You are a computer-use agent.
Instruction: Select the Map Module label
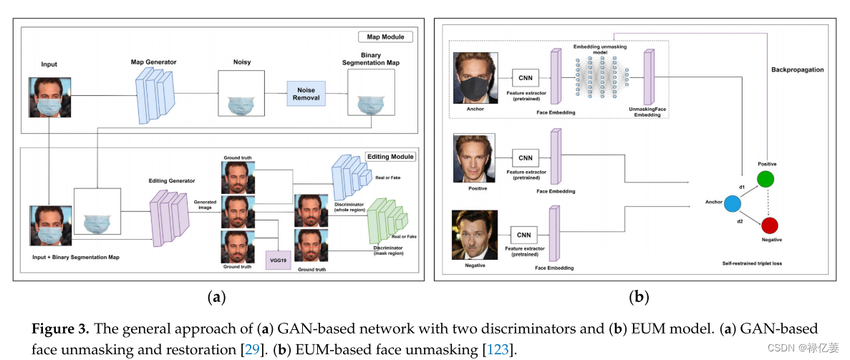[x=385, y=37]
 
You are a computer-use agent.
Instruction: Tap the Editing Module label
[x=390, y=157]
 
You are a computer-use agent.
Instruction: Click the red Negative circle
[x=771, y=226]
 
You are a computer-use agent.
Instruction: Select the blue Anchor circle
[x=732, y=204]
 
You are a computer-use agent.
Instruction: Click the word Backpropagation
[x=797, y=70]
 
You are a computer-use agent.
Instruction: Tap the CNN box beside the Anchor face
[x=526, y=77]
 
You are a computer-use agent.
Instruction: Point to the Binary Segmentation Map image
[x=370, y=94]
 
